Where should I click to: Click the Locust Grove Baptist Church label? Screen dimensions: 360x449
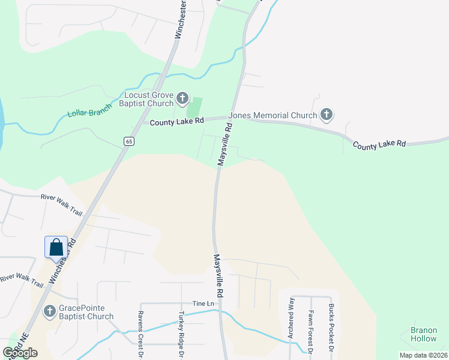(149, 99)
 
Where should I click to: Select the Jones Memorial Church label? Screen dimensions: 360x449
(282, 115)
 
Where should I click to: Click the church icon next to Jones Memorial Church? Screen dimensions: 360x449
(327, 114)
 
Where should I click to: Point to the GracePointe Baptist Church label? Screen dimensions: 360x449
(86, 312)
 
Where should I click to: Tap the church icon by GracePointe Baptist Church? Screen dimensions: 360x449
(50, 311)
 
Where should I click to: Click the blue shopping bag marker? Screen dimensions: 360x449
(56, 247)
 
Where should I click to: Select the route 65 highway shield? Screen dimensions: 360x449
(130, 141)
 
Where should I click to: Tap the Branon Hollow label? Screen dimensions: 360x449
(424, 334)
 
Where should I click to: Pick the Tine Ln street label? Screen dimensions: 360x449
(203, 303)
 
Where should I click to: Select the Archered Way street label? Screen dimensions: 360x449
(291, 318)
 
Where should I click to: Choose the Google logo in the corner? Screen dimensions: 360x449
(20, 352)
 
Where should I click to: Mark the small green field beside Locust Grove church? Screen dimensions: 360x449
(194, 108)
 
